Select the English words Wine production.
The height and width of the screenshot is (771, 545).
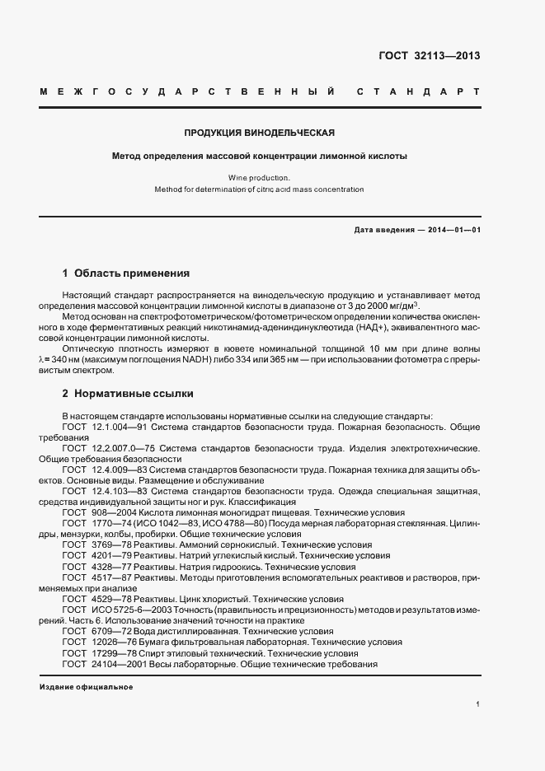coord(259,177)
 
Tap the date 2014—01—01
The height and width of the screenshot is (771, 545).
coord(452,230)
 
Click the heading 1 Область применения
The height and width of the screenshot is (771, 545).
coord(126,273)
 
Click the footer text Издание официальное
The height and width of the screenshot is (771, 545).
coord(86,686)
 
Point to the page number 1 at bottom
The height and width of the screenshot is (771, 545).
coord(477,705)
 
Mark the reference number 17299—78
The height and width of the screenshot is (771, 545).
coord(114,652)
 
